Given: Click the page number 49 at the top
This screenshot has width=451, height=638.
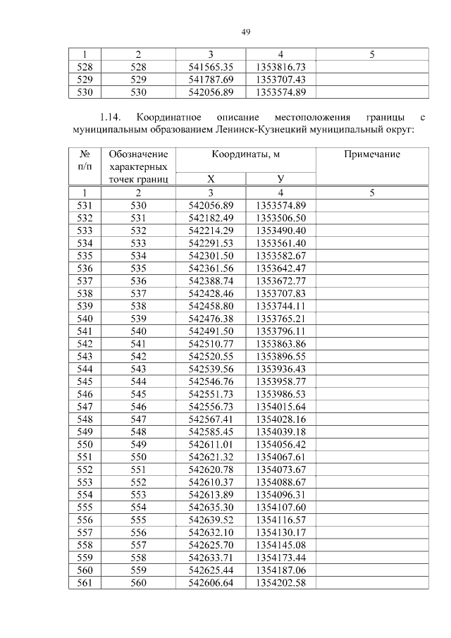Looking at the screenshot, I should click(246, 32).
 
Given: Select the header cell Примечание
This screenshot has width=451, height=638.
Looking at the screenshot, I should click(372, 154).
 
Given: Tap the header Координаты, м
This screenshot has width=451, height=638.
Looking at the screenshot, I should click(245, 154).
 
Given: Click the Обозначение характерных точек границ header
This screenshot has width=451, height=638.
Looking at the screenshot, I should click(139, 166).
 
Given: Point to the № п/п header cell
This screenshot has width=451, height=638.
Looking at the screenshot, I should click(85, 160).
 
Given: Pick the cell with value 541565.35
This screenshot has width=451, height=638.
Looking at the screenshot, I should click(211, 66).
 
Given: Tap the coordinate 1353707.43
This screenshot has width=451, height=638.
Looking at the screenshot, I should click(280, 79).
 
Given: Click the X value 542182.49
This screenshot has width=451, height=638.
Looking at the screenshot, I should click(211, 217).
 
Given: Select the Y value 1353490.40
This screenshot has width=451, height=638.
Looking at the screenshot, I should click(280, 230).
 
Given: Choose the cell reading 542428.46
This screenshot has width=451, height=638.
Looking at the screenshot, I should click(211, 293).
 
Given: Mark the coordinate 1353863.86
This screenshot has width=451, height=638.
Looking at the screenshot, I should click(280, 343).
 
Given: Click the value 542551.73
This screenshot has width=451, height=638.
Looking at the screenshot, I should click(211, 393).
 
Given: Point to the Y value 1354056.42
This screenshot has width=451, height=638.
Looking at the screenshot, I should click(280, 444).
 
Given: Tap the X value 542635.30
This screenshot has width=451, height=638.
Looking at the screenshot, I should click(211, 507).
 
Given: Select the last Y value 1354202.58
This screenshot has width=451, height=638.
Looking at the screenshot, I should click(280, 582).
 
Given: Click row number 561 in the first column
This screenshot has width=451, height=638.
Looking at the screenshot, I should click(85, 582).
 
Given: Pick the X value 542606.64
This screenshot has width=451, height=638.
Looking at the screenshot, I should click(211, 582).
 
